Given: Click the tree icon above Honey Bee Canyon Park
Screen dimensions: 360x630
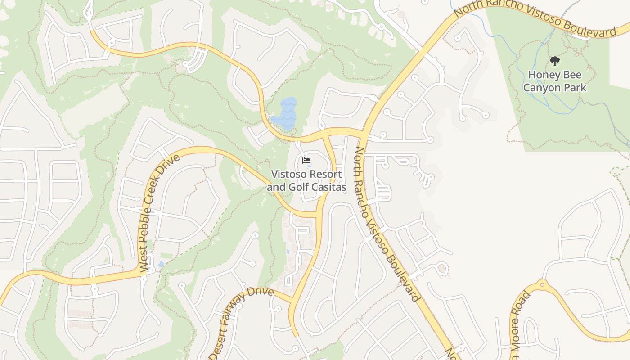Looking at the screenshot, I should (x=554, y=61).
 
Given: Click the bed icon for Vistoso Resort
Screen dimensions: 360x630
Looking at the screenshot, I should (x=306, y=160).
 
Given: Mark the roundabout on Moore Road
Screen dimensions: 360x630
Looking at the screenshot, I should (x=542, y=284).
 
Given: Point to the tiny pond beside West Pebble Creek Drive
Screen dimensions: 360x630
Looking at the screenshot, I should (x=161, y=264).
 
